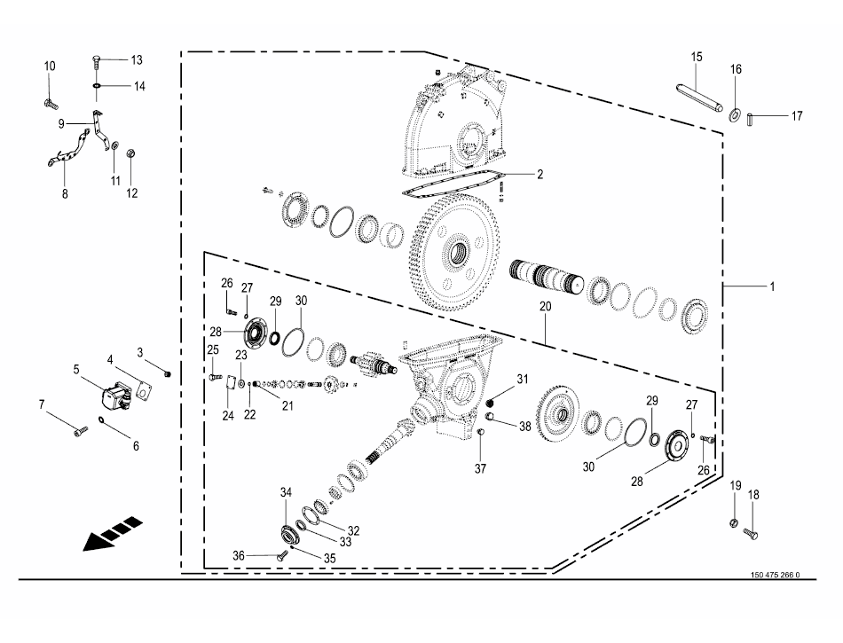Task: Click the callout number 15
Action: click(697, 57)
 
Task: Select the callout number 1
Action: click(772, 286)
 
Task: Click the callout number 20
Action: click(545, 306)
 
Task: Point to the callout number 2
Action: click(539, 175)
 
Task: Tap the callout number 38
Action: click(525, 426)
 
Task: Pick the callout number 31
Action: click(523, 380)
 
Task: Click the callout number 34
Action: click(286, 493)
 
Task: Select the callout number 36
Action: click(239, 555)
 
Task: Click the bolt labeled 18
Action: click(752, 533)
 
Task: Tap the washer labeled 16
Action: click(736, 116)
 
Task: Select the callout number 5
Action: click(77, 368)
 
